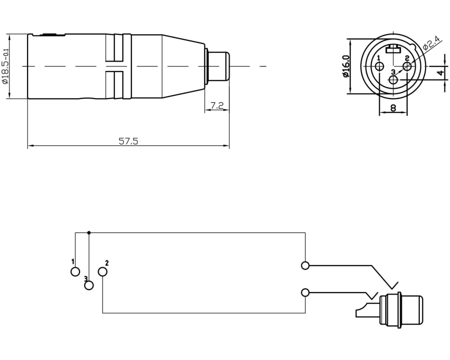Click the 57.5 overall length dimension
tap(128, 141)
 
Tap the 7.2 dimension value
tap(217, 106)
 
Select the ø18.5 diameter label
tap(6, 66)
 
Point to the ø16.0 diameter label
tap(346, 66)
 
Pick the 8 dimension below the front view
tap(393, 108)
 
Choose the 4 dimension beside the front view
tap(441, 73)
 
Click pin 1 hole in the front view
tap(380, 67)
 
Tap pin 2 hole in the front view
tap(407, 67)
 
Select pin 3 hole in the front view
tap(393, 80)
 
